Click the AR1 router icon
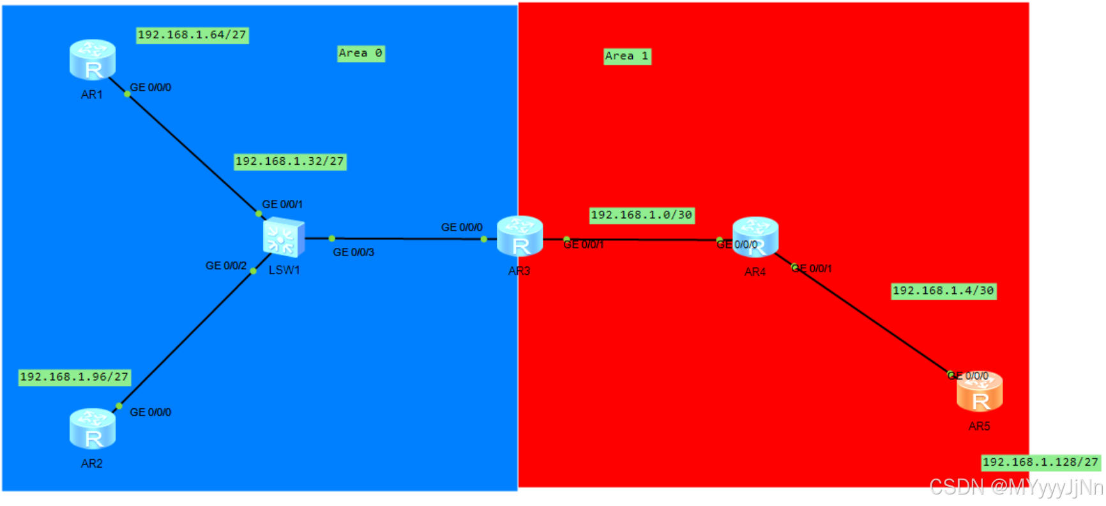click(x=93, y=60)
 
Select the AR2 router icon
click(x=93, y=429)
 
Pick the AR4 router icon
click(x=755, y=237)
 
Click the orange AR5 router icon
click(x=980, y=392)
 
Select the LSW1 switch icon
click(x=284, y=237)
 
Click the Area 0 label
click(x=361, y=54)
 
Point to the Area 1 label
click(x=627, y=56)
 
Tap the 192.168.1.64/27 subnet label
click(x=192, y=35)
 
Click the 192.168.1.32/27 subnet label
click(x=290, y=162)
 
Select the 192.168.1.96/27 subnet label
click(x=75, y=378)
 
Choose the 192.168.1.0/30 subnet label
click(x=641, y=215)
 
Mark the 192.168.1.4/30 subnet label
click(x=943, y=291)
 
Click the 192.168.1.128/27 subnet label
click(x=1040, y=463)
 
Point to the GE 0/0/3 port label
click(x=354, y=253)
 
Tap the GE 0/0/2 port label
click(x=226, y=266)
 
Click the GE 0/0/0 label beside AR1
click(x=151, y=88)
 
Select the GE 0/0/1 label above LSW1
click(x=282, y=204)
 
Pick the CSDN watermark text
click(x=1015, y=487)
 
